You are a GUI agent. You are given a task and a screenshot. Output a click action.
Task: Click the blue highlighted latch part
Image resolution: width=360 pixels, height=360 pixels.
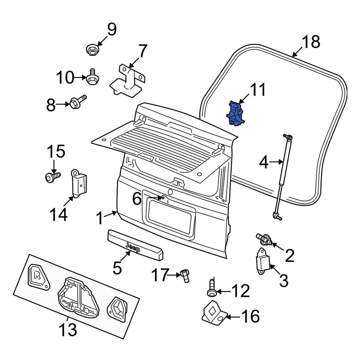coord(235,114)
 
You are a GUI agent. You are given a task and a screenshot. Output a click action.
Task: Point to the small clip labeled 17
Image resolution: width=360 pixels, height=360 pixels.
coord(185,276)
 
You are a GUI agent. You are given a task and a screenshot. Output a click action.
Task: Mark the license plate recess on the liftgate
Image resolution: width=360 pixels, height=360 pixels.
coord(170,215)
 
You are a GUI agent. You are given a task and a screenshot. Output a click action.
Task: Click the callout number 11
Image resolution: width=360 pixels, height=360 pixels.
coord(258,90)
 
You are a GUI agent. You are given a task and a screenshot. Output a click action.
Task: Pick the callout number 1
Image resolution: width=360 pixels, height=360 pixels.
coord(101,218)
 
